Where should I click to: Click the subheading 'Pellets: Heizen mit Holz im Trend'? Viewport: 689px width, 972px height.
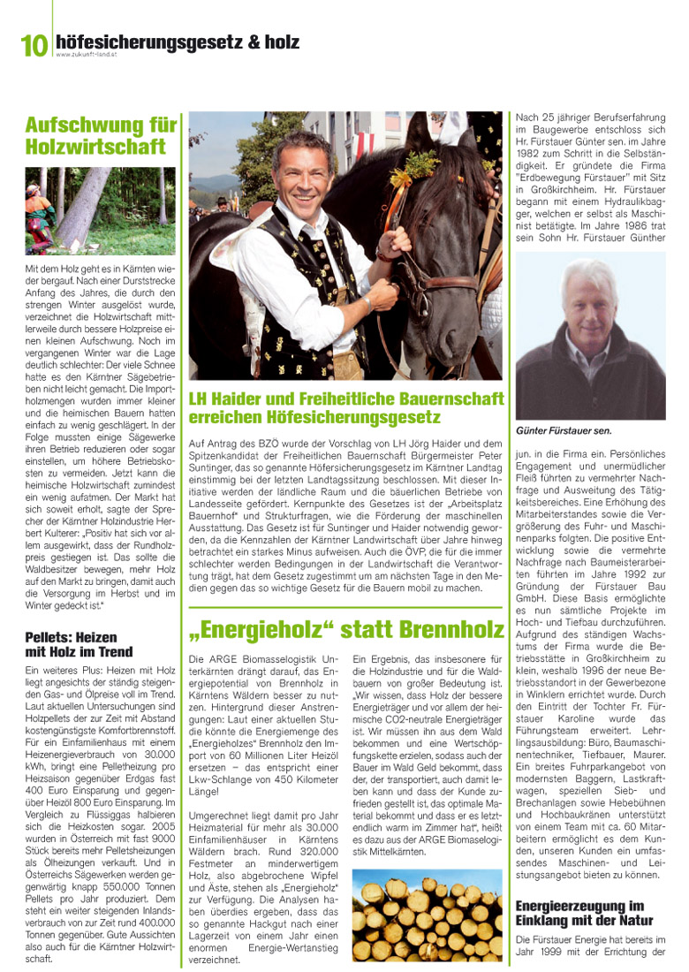pos(79,644)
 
